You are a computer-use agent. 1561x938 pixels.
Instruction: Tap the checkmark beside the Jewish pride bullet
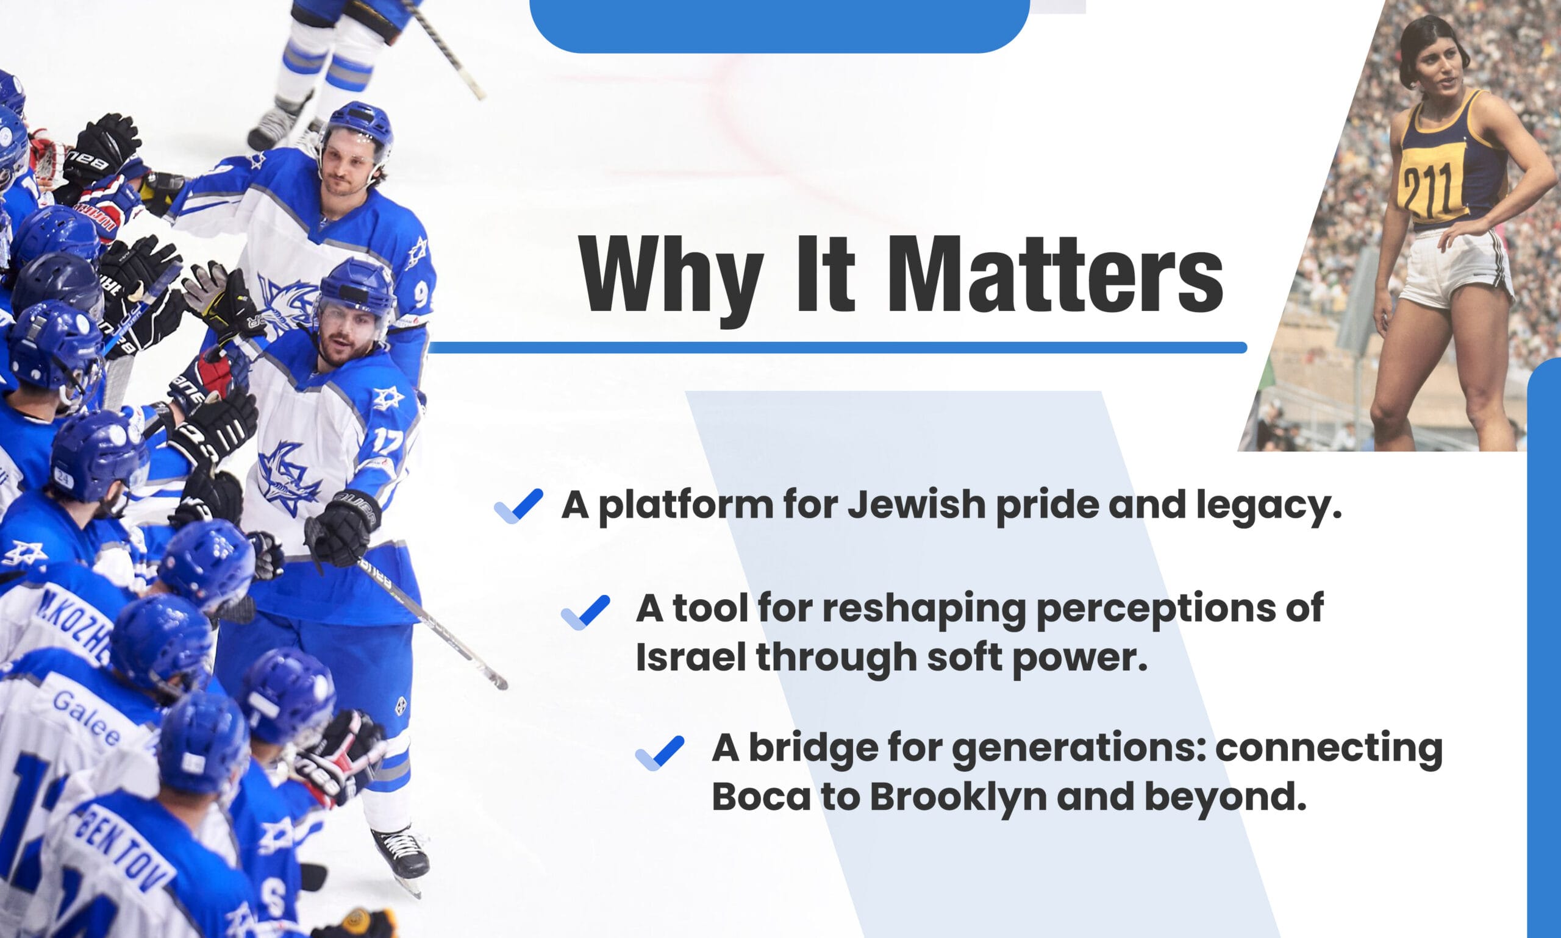coord(518,506)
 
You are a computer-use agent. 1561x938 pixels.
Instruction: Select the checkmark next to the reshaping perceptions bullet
coord(585,612)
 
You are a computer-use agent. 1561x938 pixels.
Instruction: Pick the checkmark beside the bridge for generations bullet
coord(659,753)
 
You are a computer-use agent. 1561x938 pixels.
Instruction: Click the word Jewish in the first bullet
coord(916,505)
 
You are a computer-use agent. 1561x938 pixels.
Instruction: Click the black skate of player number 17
coord(401,853)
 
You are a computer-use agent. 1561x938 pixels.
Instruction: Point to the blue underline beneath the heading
coord(838,347)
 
